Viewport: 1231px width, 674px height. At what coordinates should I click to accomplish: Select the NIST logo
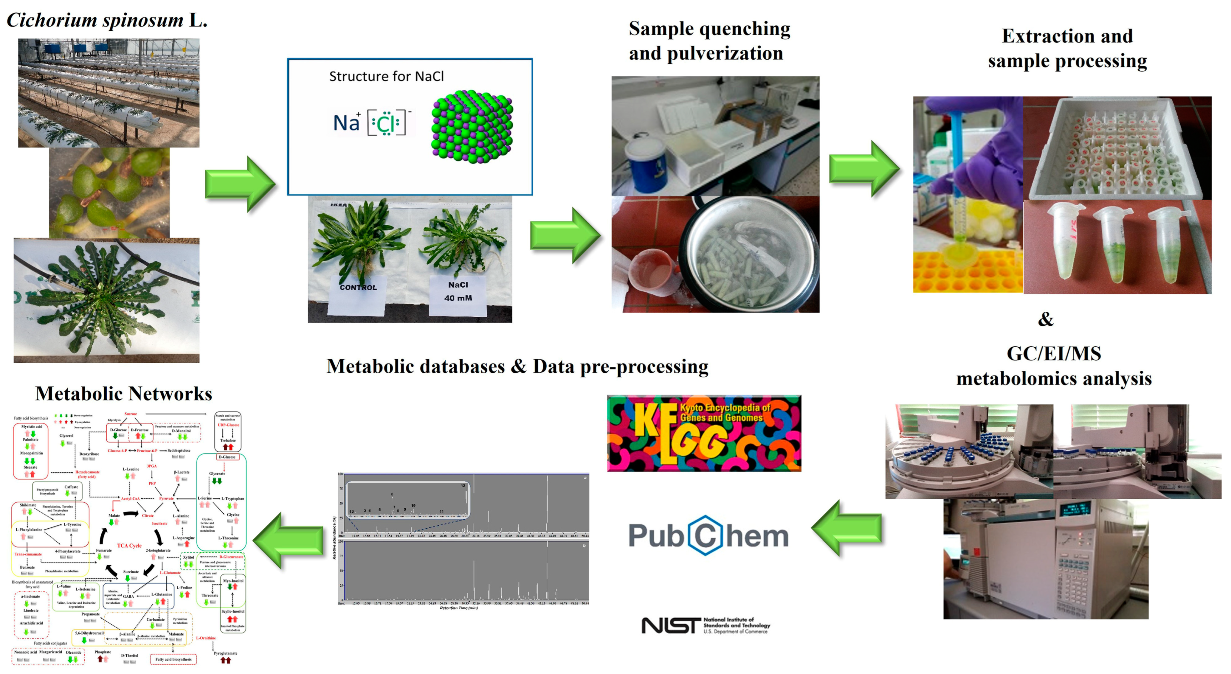705,625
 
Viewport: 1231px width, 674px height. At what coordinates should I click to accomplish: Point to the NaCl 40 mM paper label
458,292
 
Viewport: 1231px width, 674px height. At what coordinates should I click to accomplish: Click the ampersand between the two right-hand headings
1046,319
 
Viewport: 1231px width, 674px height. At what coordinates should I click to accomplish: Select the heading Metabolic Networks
124,394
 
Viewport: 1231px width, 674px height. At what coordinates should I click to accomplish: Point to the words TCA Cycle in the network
129,546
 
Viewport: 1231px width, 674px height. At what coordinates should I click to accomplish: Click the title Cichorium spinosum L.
107,20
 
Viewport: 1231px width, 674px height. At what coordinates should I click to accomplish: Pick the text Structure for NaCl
386,76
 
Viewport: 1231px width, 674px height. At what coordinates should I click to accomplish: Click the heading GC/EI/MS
1053,354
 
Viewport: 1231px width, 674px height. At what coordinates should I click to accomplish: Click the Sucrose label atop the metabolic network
130,414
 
